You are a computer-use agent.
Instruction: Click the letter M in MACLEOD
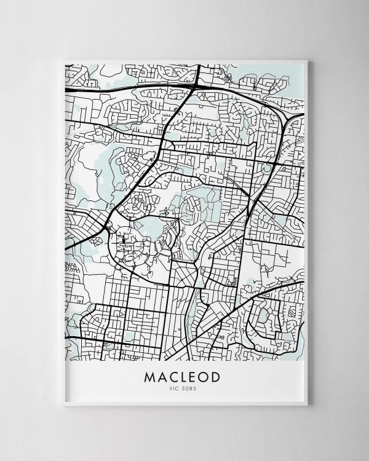click(149, 377)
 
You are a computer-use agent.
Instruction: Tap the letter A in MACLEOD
click(162, 377)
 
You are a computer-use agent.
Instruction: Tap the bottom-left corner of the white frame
click(63, 405)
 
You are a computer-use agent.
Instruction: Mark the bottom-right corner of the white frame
click(307, 405)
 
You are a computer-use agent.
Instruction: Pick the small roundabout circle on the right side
click(268, 167)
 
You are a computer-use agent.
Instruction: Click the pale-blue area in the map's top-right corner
click(289, 71)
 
